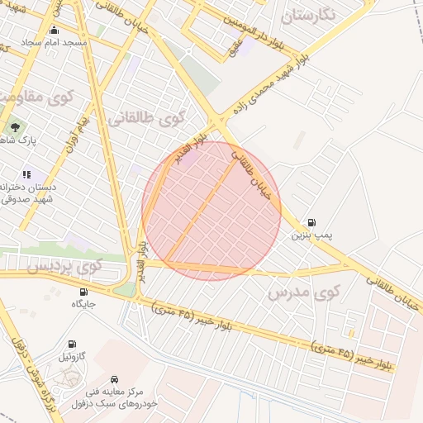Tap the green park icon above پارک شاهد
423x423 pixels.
(x=14, y=126)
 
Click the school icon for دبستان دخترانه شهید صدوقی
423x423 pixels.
(x=27, y=174)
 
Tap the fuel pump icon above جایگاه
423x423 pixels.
(x=84, y=292)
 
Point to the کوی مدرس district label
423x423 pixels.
(x=304, y=292)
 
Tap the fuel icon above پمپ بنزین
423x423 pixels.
(x=311, y=222)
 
